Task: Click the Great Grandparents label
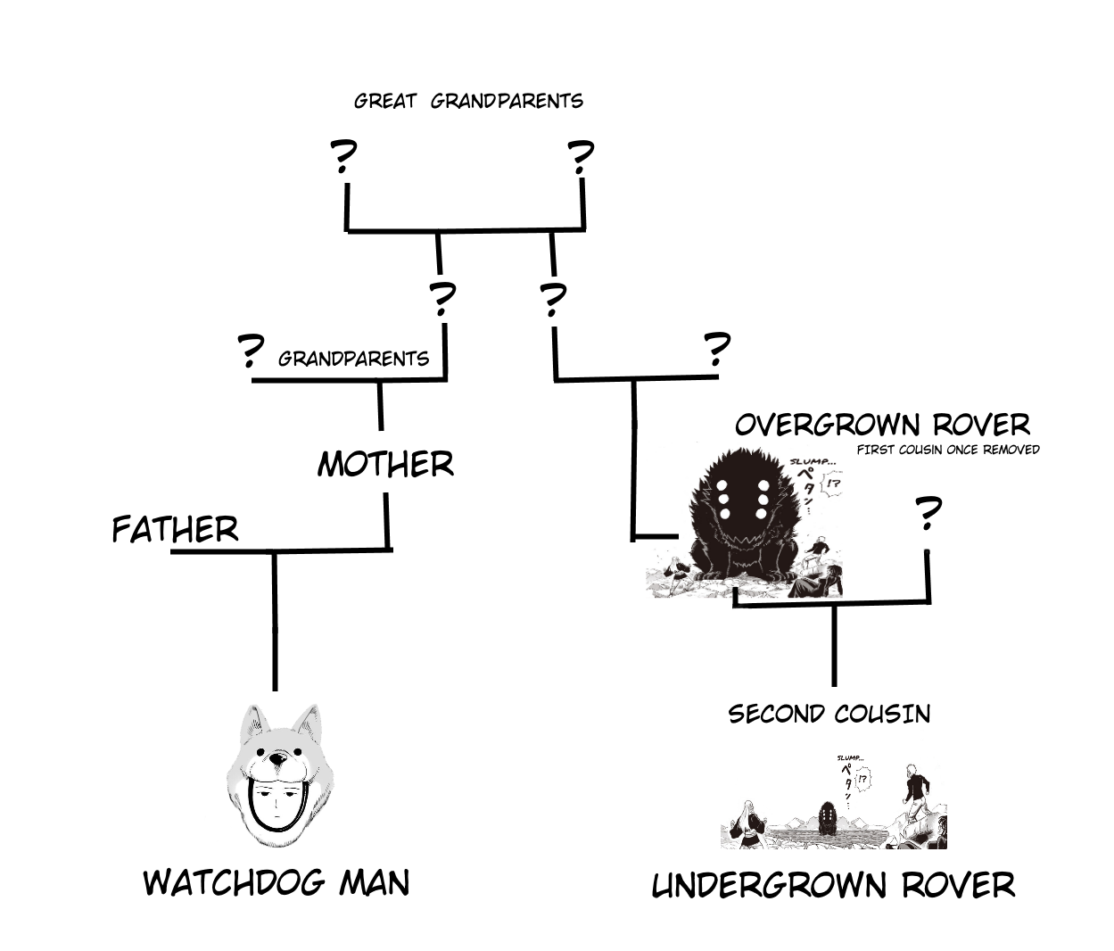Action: pos(468,101)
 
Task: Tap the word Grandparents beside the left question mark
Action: pos(353,359)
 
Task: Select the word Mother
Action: pos(385,464)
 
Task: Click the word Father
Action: pos(175,529)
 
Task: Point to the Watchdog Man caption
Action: pos(276,882)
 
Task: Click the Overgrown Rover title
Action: pos(882,425)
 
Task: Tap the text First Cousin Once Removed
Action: pos(948,450)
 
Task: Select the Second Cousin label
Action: pos(829,714)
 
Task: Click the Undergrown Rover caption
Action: pos(833,886)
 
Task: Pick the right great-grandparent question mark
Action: pos(581,158)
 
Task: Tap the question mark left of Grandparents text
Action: pos(251,352)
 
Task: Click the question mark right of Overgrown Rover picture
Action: pos(928,515)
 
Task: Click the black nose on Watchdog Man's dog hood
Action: pos(277,759)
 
